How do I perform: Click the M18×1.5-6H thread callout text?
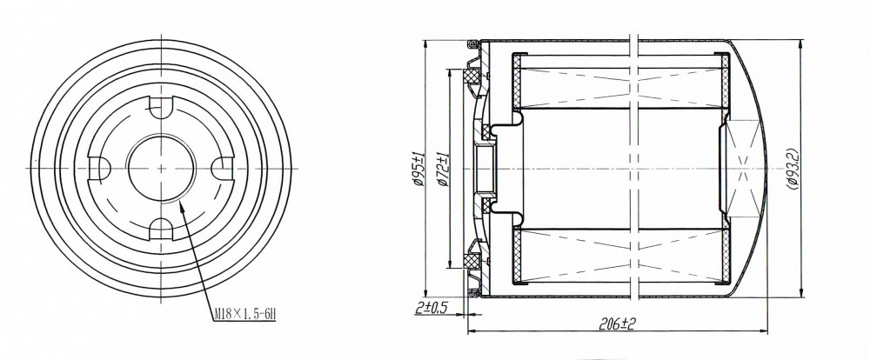coord(245,315)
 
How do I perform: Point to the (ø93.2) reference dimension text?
coord(793,169)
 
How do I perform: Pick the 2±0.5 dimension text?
coord(432,307)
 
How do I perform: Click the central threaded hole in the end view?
coord(162,168)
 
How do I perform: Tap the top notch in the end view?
coord(162,108)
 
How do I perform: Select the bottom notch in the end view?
coord(162,229)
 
